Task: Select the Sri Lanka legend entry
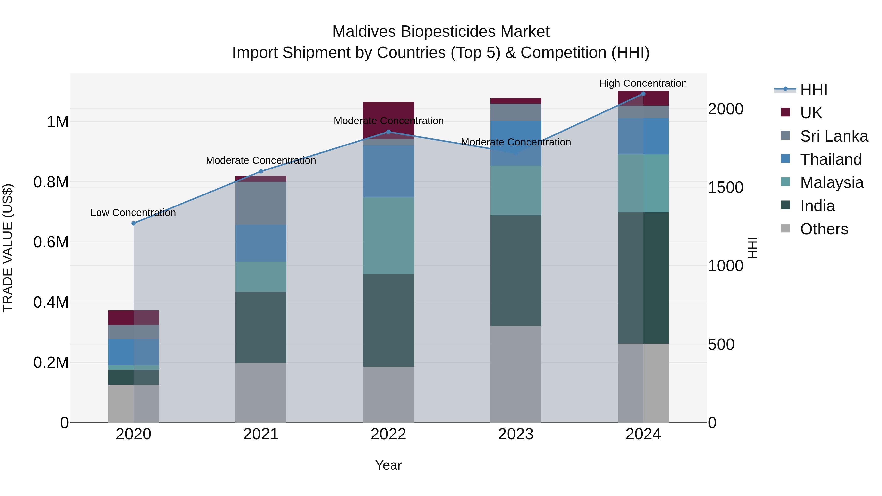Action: tap(834, 136)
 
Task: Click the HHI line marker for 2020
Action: tap(134, 223)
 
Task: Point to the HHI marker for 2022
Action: tap(388, 132)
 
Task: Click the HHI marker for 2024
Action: tap(643, 94)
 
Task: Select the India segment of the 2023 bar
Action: tap(516, 270)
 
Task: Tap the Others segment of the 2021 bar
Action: tap(261, 393)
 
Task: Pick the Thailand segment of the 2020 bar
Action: tap(134, 352)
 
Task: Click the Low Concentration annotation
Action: tap(133, 213)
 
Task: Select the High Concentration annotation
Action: tap(643, 83)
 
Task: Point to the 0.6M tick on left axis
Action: tap(51, 242)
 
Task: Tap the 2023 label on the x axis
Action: tap(516, 434)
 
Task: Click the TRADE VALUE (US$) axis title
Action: tap(8, 248)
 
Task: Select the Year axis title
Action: tap(388, 465)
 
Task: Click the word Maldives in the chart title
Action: tap(364, 32)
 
